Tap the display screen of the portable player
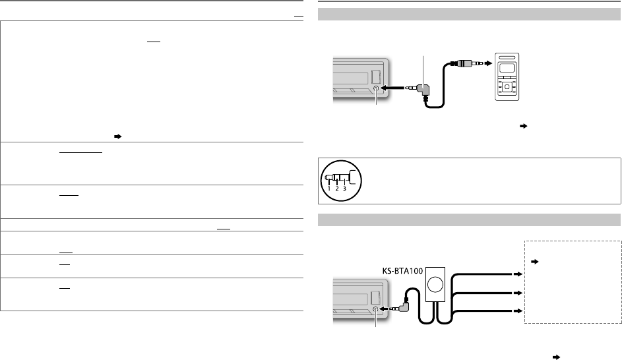pos(507,69)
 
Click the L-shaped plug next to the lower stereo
pos(407,305)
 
